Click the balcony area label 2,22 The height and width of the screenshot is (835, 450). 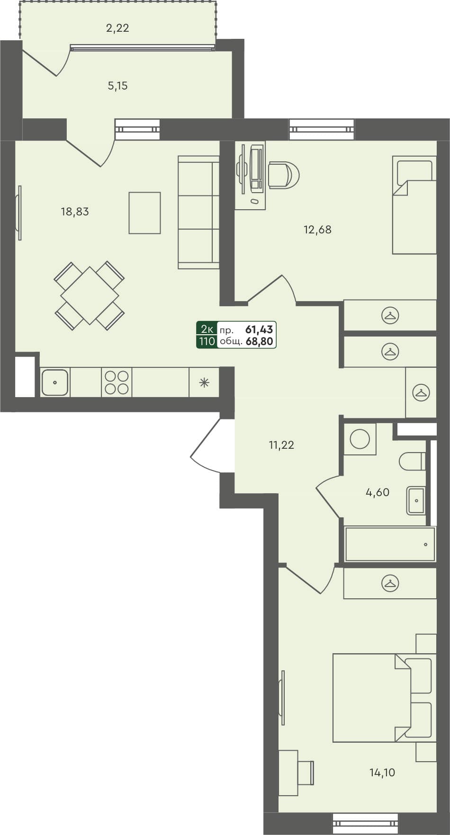click(117, 28)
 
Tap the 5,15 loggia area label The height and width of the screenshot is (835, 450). click(117, 86)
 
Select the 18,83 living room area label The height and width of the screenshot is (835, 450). click(75, 212)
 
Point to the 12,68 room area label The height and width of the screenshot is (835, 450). click(317, 230)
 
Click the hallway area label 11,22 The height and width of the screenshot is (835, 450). click(281, 445)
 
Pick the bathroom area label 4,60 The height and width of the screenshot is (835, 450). click(378, 492)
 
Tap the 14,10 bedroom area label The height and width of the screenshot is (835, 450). click(382, 773)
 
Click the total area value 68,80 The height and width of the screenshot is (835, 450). click(260, 341)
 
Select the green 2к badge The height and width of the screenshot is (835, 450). click(207, 329)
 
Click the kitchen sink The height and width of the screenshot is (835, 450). click(55, 382)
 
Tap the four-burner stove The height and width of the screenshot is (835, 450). click(117, 382)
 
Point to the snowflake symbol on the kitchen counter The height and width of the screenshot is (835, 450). click(204, 382)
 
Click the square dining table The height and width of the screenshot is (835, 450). click(89, 295)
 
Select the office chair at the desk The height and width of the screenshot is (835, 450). click(283, 175)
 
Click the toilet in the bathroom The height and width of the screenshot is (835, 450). click(413, 461)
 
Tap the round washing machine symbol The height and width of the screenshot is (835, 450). click(360, 439)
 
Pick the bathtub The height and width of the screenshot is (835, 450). click(390, 544)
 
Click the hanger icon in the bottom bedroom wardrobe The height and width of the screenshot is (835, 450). click(390, 583)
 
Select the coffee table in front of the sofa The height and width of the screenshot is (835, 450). click(144, 213)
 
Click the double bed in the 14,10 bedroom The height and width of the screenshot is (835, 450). click(372, 698)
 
